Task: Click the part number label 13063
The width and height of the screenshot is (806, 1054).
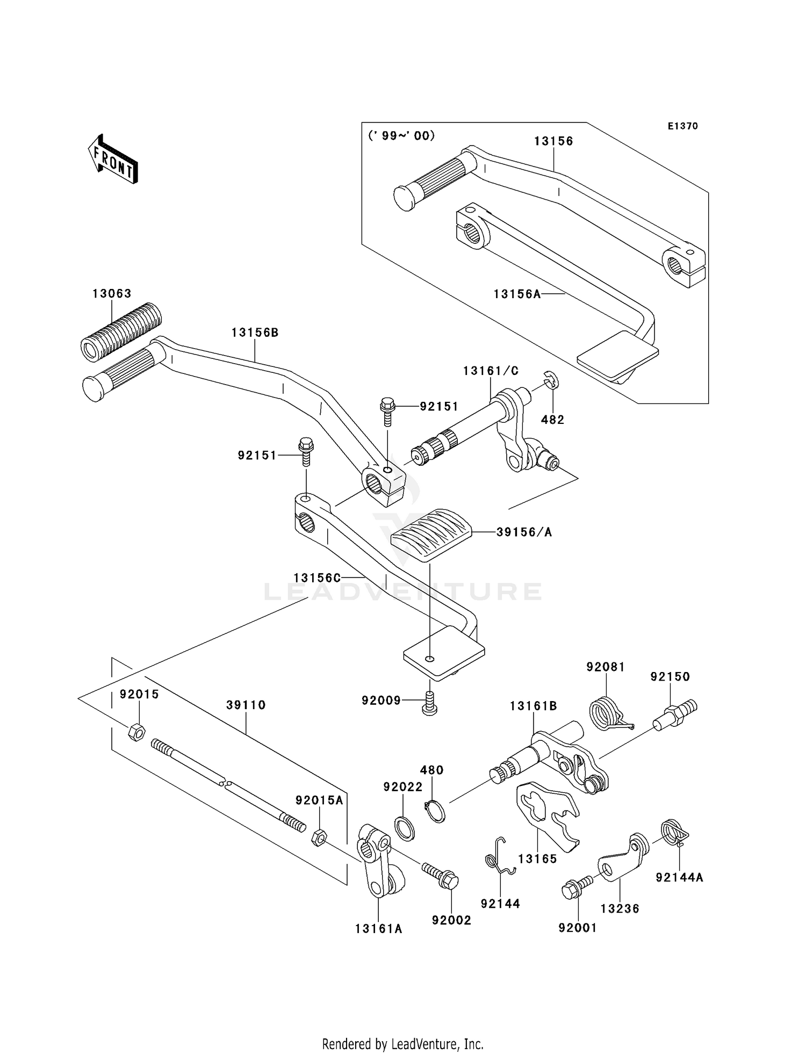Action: tap(112, 294)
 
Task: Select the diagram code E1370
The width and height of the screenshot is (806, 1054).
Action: tap(682, 126)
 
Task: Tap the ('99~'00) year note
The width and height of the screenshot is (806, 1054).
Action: tap(401, 136)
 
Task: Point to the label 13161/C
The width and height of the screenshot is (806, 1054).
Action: tap(491, 371)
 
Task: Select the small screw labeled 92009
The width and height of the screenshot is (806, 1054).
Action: tap(429, 703)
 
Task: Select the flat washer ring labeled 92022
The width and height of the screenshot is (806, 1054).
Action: tap(405, 827)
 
